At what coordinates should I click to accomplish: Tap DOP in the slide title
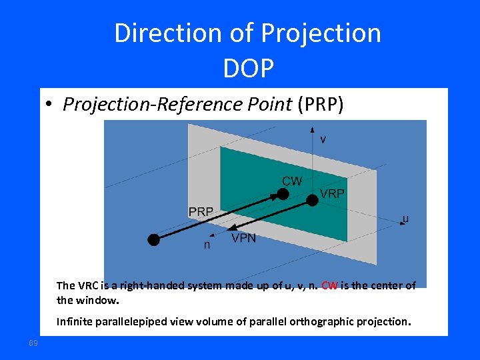(248, 67)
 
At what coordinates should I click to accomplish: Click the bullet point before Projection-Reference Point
(49, 105)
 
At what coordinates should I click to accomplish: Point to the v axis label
(323, 139)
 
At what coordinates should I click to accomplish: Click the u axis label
(405, 218)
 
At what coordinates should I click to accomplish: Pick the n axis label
(207, 245)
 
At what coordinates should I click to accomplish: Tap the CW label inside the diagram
(292, 181)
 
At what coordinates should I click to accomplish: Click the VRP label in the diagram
(333, 193)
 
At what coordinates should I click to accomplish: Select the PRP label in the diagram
(201, 211)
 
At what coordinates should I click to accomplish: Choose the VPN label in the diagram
(243, 238)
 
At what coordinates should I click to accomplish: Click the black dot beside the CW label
(283, 194)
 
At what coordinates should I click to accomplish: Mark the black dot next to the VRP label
(312, 199)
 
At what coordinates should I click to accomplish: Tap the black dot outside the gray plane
(154, 240)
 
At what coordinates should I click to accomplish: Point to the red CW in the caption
(329, 285)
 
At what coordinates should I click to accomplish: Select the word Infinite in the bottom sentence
(75, 322)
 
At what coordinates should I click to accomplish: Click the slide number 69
(33, 343)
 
